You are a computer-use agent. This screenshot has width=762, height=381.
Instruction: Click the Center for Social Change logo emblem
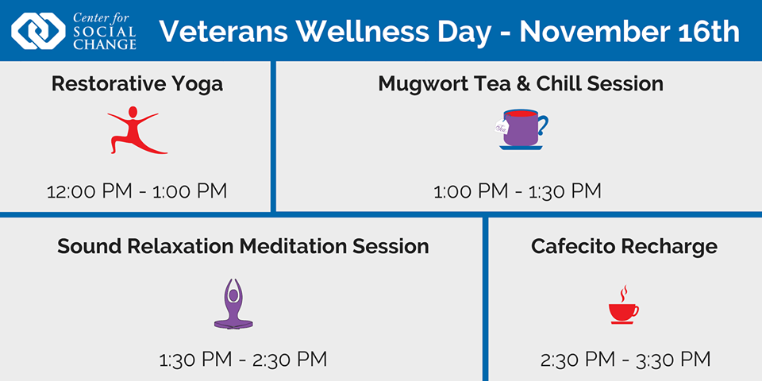pos(38,31)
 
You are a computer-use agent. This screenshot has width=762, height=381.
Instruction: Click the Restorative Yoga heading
pos(137,83)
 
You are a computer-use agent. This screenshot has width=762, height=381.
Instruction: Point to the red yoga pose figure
pos(136,130)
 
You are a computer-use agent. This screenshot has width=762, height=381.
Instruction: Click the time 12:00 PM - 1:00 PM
pos(137,191)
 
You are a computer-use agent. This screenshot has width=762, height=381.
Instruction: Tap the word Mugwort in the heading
pos(421,83)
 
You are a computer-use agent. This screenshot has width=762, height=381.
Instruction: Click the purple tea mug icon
pos(521,129)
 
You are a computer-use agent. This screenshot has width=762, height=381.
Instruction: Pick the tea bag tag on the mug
pos(502,127)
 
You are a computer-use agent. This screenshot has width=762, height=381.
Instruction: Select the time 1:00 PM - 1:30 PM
pos(518,191)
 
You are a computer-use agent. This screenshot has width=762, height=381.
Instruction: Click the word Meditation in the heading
pos(291,246)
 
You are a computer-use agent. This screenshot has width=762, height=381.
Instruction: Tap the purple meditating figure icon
pos(233,304)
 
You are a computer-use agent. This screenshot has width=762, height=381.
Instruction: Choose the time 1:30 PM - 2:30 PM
pos(243,360)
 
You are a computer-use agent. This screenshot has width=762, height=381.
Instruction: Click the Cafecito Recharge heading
pos(624,246)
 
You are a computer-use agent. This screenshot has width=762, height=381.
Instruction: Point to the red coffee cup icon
pos(623,311)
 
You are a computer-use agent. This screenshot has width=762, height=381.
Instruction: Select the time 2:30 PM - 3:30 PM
pos(625,360)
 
